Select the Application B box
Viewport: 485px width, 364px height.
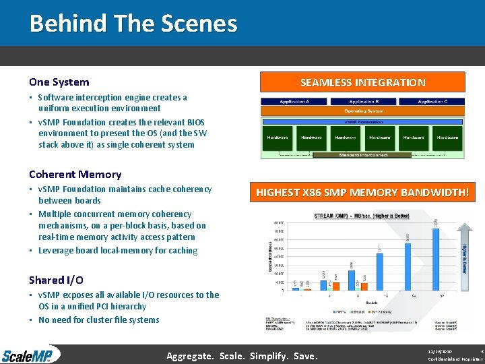(x=363, y=101)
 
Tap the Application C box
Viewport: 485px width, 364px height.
(x=432, y=101)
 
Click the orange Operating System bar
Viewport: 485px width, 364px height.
(x=363, y=111)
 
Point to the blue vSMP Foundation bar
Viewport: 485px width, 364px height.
(x=363, y=121)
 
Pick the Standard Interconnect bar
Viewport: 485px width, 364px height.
(x=363, y=154)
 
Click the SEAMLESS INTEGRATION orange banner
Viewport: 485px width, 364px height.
(x=362, y=83)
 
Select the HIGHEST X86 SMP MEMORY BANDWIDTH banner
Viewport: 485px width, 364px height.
(x=362, y=192)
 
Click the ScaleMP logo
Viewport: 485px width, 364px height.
(x=30, y=355)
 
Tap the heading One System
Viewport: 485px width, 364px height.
(x=59, y=82)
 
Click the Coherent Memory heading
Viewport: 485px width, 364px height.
(x=75, y=174)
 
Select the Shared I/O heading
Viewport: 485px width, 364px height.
(x=56, y=280)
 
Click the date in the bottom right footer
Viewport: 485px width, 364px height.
(x=439, y=351)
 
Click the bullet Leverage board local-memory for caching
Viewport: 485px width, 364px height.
(x=118, y=250)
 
